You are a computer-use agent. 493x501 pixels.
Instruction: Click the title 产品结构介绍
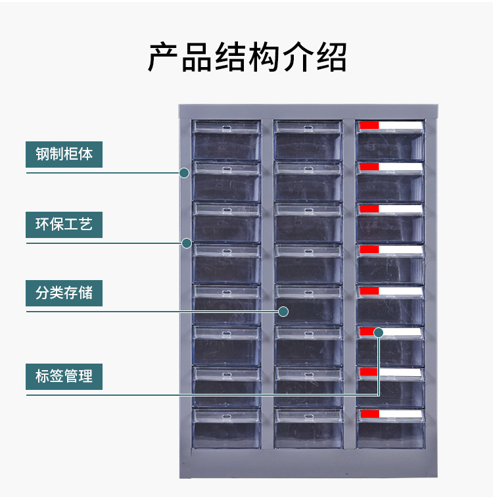click(247, 57)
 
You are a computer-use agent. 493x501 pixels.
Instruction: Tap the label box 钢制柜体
click(64, 155)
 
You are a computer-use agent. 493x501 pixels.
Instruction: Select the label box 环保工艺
click(64, 225)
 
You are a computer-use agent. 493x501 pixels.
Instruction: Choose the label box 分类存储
click(64, 293)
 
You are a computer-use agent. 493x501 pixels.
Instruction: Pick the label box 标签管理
click(64, 376)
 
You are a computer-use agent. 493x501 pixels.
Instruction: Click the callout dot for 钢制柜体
click(184, 173)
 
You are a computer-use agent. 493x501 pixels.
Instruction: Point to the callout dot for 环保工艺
click(187, 243)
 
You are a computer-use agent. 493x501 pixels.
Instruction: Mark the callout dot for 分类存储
click(283, 312)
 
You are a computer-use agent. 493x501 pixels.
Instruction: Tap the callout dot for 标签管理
click(379, 333)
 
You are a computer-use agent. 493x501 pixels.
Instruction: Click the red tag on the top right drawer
click(369, 125)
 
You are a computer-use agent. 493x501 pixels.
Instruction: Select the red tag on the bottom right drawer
click(370, 414)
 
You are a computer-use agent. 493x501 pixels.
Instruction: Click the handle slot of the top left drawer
click(227, 128)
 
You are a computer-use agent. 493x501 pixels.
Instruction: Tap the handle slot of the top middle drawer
click(308, 128)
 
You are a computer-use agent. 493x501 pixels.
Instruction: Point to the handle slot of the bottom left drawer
click(227, 417)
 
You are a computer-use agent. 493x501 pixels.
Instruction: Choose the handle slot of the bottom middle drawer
click(309, 417)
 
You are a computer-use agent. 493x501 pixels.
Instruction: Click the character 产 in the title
click(163, 57)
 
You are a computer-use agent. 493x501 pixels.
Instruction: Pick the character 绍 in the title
click(332, 57)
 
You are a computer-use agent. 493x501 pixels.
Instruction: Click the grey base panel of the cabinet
click(309, 464)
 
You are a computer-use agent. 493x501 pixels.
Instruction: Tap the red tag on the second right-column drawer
click(369, 166)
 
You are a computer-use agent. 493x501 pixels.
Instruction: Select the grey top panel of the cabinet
click(308, 112)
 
